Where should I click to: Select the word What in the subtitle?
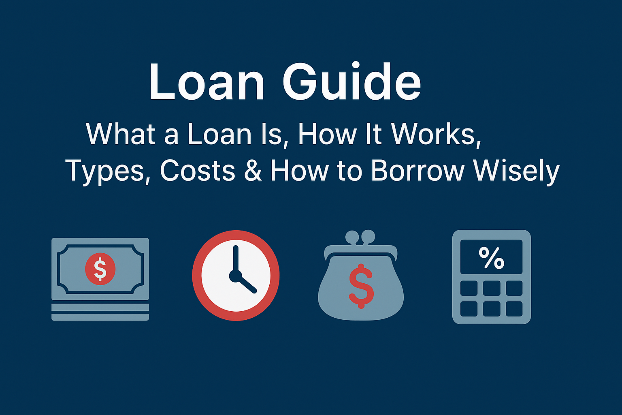pos(120,134)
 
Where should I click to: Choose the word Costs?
pos(198,171)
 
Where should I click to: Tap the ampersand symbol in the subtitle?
pos(253,171)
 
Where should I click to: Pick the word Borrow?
pos(417,171)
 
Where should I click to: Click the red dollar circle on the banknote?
pos(100,268)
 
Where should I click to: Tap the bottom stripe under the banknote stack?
pos(100,317)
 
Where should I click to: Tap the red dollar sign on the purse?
pos(361,286)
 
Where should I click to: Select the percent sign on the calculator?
pos(491,258)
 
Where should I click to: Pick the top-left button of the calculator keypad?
pos(469,289)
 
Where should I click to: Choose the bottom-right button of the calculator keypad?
pos(514,309)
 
